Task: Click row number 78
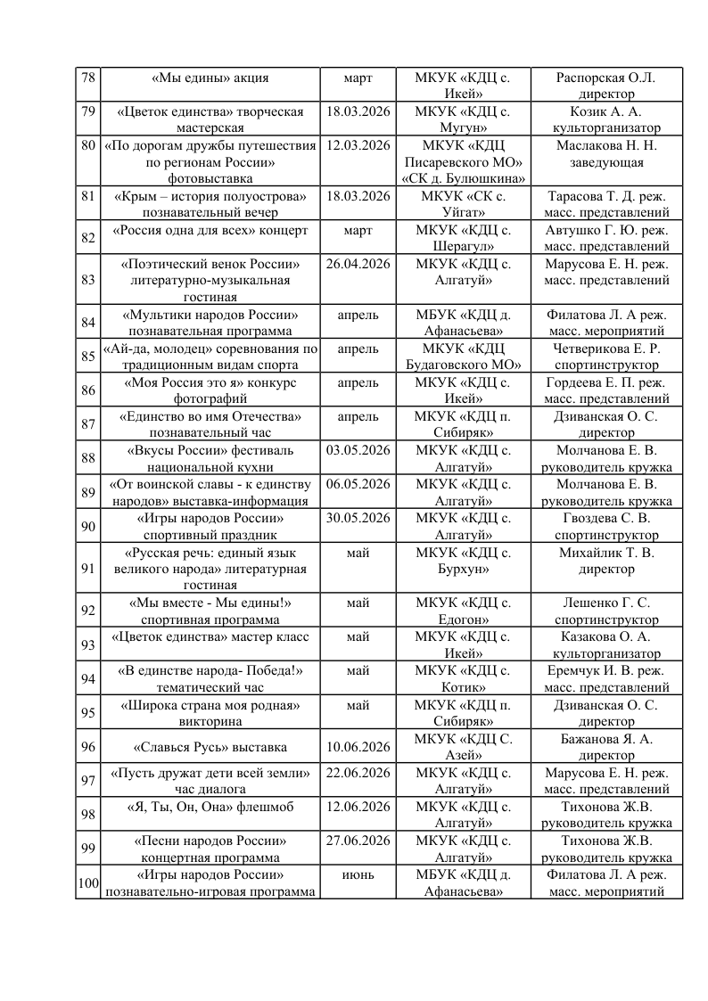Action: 87,78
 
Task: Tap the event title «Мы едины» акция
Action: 210,78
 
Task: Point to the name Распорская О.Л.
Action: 605,78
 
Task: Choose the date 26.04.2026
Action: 358,264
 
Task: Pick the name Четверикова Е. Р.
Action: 605,348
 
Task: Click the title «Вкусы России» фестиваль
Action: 210,449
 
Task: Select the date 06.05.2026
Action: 358,484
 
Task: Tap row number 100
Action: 87,882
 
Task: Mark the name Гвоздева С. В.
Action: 605,518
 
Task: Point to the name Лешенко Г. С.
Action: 605,603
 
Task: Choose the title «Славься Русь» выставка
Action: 210,746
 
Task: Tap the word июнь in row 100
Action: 358,874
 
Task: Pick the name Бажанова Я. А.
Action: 605,738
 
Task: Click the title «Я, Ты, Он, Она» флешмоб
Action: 210,807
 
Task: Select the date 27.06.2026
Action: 358,841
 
